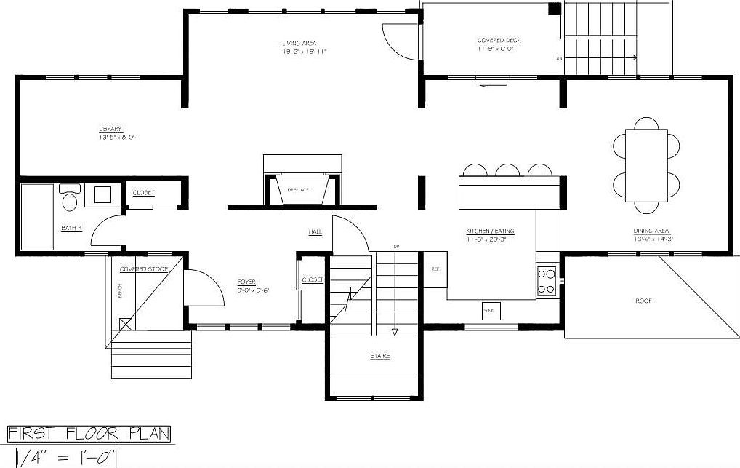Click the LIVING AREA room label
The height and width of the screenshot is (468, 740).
point(299,44)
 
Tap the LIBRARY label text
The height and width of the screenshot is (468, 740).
point(110,130)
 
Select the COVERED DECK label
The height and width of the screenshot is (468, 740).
point(499,41)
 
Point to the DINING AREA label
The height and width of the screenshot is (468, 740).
point(651,231)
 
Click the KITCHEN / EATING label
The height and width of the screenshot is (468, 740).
point(490,231)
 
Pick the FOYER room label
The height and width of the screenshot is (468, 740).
point(246,282)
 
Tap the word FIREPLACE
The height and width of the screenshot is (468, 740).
point(298,190)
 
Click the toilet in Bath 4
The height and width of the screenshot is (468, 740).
point(70,198)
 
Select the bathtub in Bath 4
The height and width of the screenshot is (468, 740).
point(36,216)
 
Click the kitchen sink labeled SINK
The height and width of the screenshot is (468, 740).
point(490,311)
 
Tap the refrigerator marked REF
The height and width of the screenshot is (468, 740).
point(435,269)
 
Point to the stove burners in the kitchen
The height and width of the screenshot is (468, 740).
point(546,281)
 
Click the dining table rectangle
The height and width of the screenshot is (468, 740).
point(646,166)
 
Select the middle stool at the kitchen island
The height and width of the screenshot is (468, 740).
point(507,170)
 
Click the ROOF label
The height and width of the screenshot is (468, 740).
point(643,301)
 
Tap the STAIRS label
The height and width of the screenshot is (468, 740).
point(379,356)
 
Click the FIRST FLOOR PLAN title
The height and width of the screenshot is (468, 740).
point(89,435)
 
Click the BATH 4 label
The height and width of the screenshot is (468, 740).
point(71,229)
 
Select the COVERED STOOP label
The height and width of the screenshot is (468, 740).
point(143,269)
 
